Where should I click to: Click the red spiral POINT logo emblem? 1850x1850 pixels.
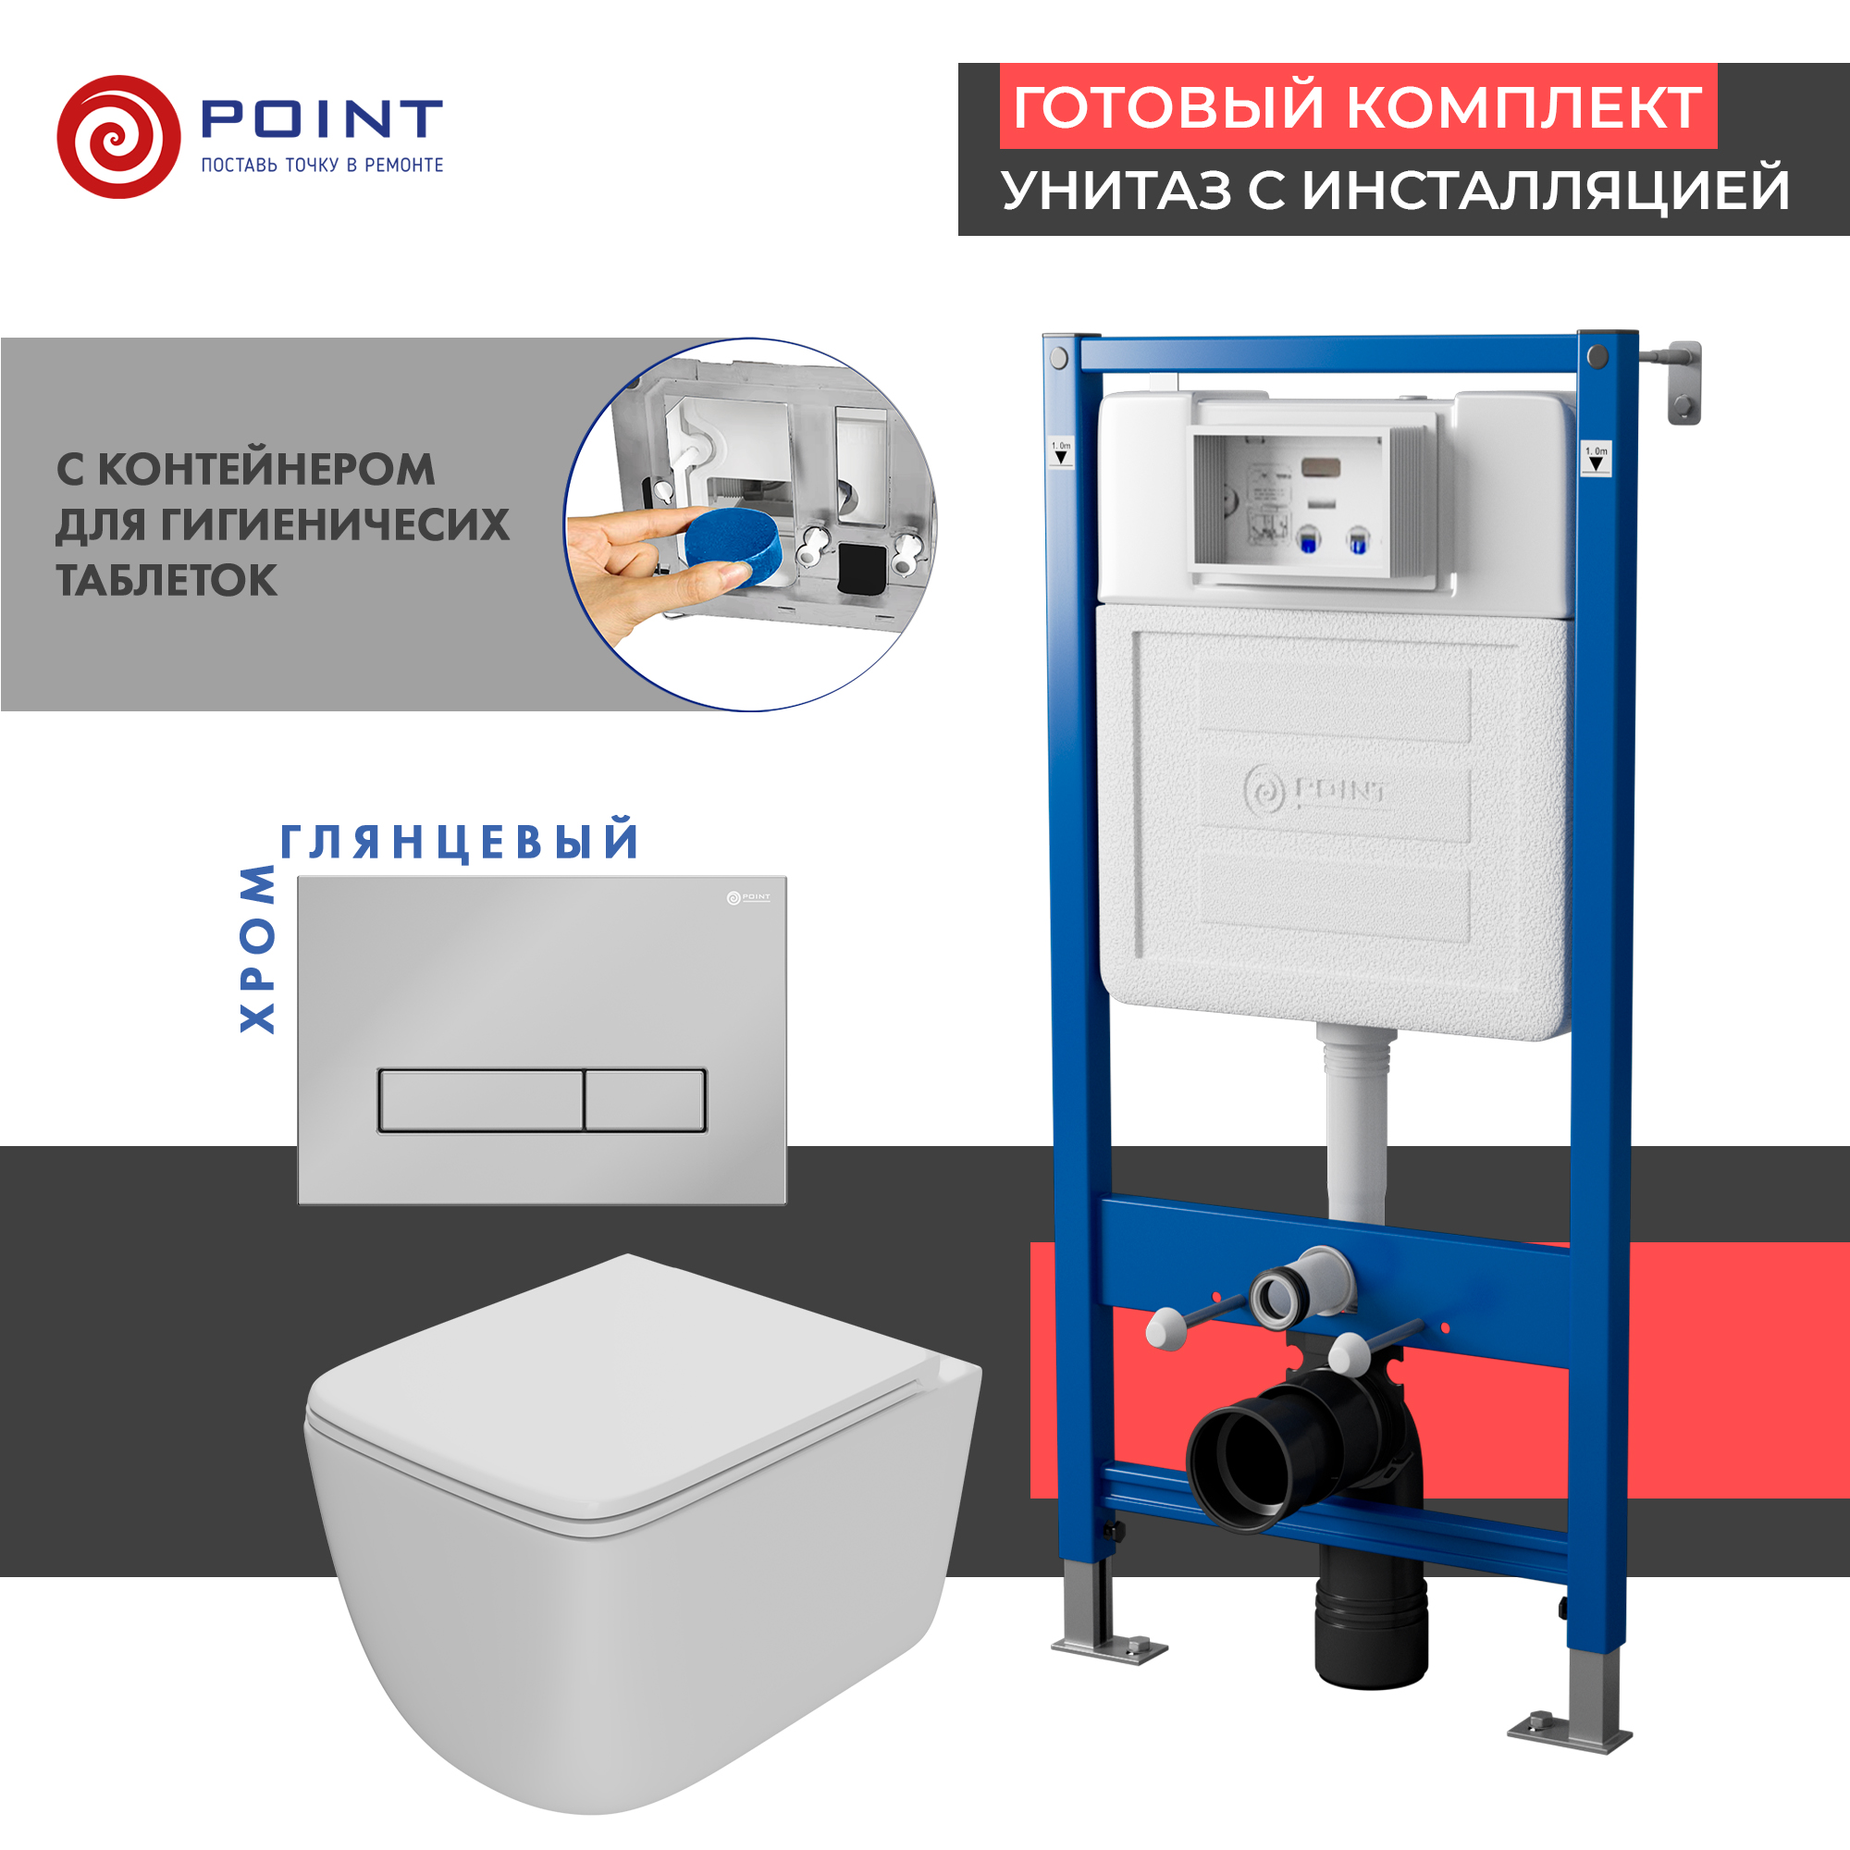[118, 137]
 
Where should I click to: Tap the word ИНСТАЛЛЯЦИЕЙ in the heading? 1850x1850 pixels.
[1545, 190]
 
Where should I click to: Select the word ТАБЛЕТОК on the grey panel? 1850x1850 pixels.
[166, 580]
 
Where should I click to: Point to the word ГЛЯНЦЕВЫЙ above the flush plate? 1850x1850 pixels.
[459, 842]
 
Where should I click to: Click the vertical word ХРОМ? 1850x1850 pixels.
[256, 948]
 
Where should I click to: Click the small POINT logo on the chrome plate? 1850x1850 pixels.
[747, 897]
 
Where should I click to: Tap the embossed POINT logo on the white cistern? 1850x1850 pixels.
[1314, 790]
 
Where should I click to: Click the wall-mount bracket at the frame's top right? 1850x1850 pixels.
[1683, 381]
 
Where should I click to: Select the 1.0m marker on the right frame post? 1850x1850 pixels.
[1596, 459]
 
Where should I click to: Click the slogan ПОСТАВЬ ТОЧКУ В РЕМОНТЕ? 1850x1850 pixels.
[322, 166]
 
